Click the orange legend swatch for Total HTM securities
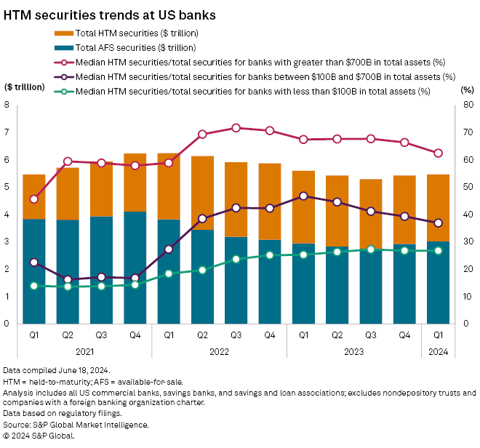pyautogui.click(x=64, y=33)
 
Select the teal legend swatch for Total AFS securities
pyautogui.click(x=64, y=48)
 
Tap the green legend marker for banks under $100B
pyautogui.click(x=64, y=91)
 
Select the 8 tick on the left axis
pyautogui.click(x=7, y=105)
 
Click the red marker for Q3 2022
pyautogui.click(x=236, y=128)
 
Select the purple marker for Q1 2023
pyautogui.click(x=303, y=196)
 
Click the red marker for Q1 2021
pyautogui.click(x=34, y=199)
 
